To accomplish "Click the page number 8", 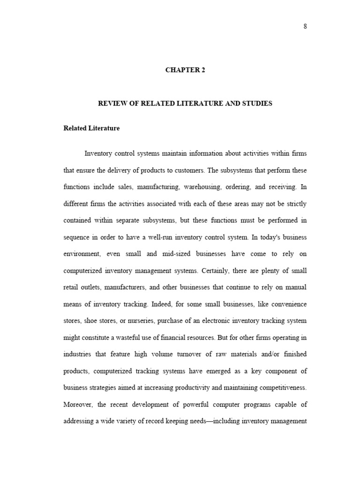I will coord(305,26).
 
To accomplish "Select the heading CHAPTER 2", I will coord(185,70).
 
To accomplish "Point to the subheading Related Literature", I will coord(91,128).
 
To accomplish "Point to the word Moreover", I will coord(78,405).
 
